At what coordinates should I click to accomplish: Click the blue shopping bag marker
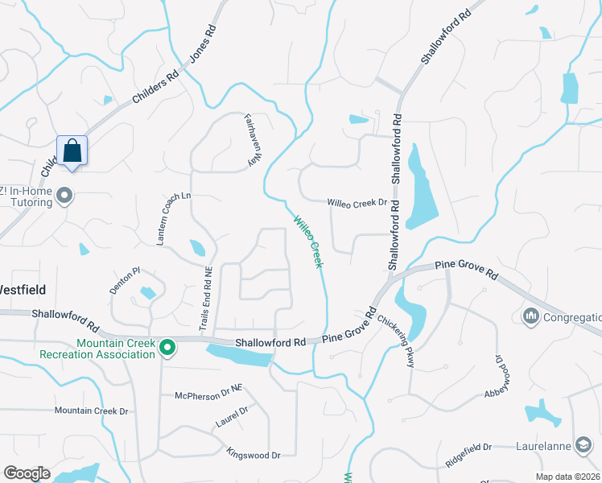72,151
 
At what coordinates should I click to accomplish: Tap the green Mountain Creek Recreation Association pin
167,348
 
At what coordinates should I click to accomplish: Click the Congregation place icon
530,315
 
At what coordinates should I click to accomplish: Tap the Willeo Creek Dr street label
357,204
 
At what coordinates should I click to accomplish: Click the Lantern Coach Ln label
175,218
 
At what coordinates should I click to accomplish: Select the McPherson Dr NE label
208,394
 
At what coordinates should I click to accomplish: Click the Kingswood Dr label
253,454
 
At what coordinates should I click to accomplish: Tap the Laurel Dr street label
232,416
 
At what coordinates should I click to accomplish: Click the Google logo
27,473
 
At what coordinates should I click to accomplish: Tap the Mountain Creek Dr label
91,411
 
